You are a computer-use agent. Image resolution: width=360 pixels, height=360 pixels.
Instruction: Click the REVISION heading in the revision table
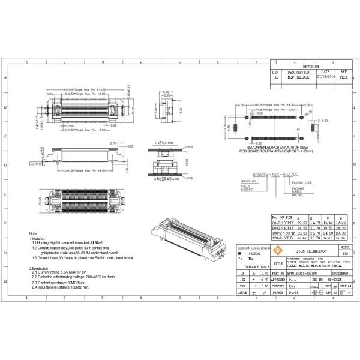[311, 66]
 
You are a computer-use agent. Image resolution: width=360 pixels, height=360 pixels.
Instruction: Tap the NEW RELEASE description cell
[298, 77]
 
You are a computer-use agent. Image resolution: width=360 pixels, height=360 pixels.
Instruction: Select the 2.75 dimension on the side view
[112, 143]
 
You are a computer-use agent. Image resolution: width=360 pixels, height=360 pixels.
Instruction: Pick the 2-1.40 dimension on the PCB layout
[322, 121]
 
